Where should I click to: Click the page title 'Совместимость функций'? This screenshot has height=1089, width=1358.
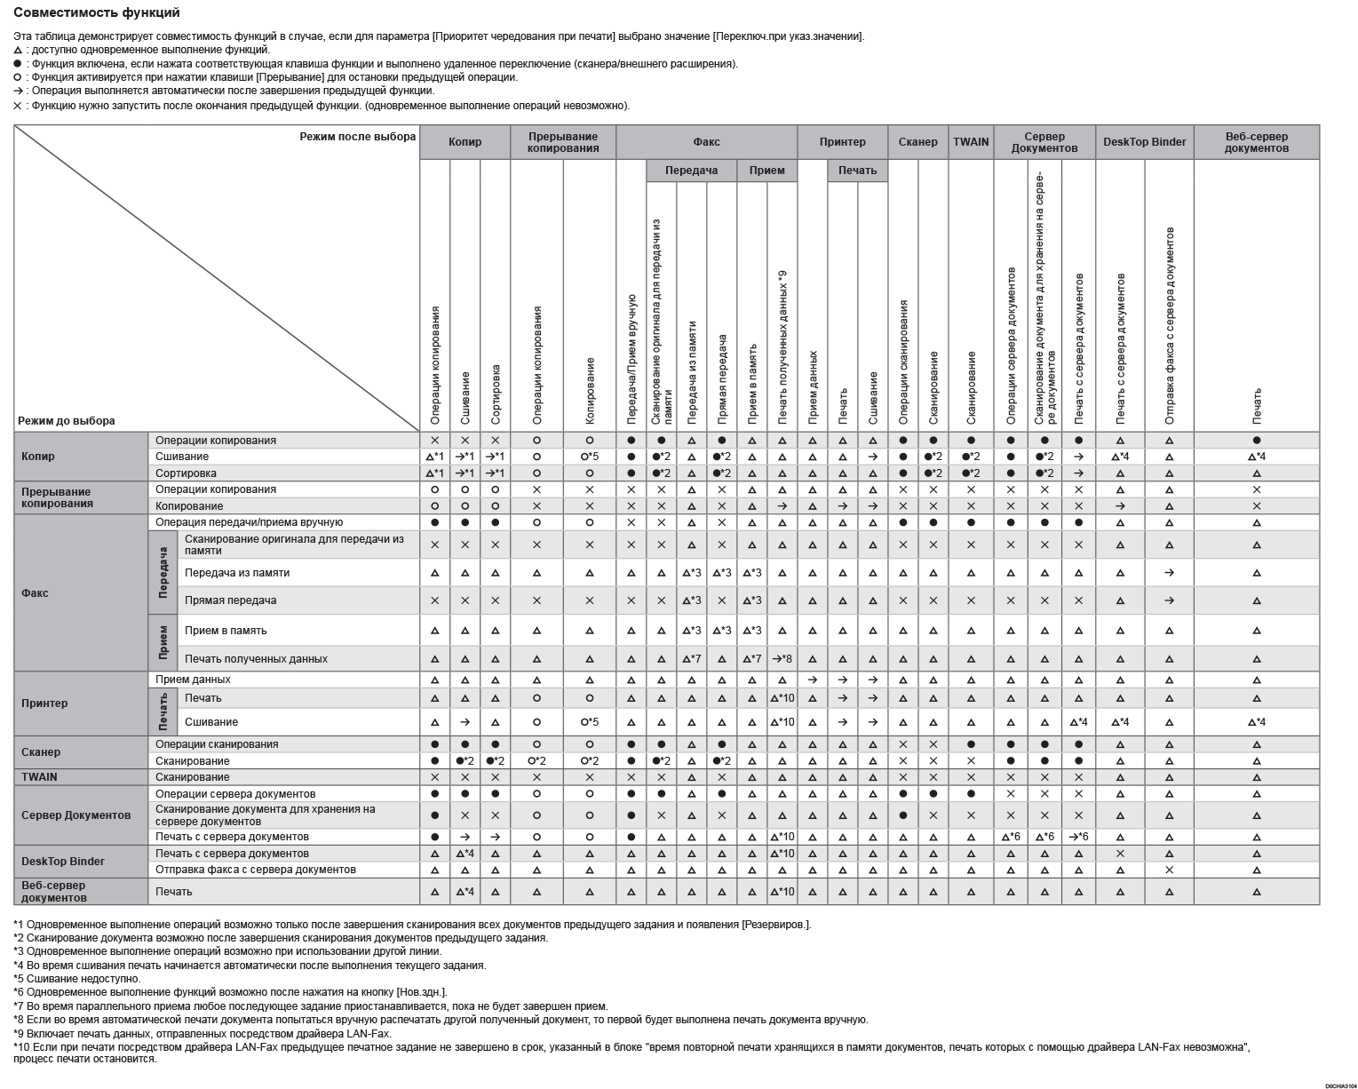click(x=97, y=13)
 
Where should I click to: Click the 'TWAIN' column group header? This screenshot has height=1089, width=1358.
click(x=971, y=142)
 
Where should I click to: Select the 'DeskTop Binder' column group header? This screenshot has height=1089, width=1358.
click(x=1144, y=142)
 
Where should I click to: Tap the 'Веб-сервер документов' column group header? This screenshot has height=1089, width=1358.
click(x=1256, y=142)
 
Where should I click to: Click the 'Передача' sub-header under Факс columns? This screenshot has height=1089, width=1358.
click(x=691, y=171)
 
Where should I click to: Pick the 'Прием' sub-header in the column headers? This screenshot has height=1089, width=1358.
click(x=766, y=171)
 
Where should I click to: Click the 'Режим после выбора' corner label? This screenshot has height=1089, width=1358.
click(x=357, y=137)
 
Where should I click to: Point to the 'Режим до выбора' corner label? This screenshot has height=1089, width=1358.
click(x=67, y=421)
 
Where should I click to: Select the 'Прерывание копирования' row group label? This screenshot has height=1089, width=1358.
click(x=57, y=497)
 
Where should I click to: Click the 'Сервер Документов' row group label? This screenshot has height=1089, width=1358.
click(x=75, y=815)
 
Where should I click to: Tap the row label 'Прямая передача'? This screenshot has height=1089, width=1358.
click(x=230, y=600)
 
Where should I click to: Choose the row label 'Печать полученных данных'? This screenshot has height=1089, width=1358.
click(x=256, y=659)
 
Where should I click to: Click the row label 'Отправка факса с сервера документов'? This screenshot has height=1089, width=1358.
click(x=255, y=870)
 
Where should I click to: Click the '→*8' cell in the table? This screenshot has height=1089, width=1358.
click(x=782, y=659)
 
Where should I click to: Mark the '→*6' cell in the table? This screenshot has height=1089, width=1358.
click(x=1078, y=837)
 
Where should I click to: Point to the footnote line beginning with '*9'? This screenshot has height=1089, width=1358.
click(x=203, y=1034)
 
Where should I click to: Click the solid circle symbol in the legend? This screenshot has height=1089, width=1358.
click(x=18, y=64)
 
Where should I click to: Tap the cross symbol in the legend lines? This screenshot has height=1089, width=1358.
click(x=18, y=106)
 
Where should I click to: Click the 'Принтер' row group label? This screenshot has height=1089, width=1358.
click(x=44, y=703)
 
